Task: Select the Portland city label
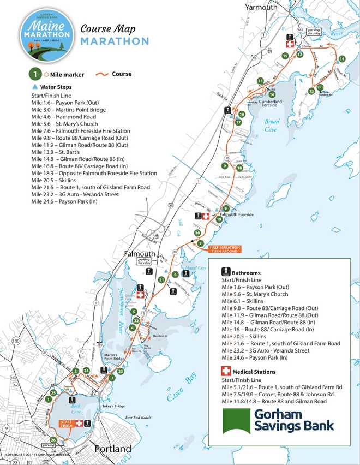coord(113,449)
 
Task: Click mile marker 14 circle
coord(342,58)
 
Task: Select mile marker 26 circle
coord(53,440)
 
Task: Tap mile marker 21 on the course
coord(161,279)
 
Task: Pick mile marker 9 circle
coord(224,165)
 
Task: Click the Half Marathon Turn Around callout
coord(225,248)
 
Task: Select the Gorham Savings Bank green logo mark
coord(236,421)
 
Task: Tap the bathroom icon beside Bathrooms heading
coord(224,272)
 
